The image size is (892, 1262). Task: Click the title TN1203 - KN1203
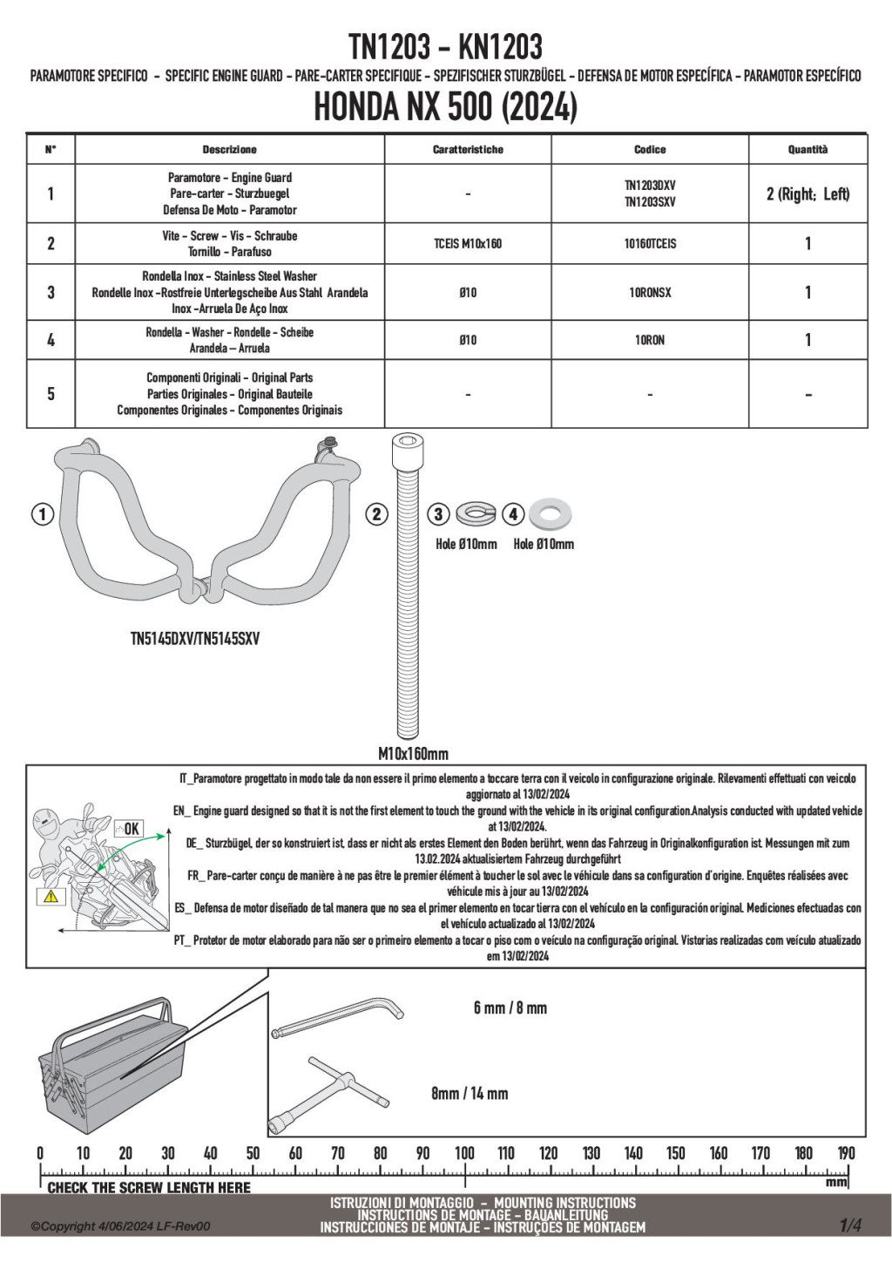click(445, 46)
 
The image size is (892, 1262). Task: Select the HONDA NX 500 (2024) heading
click(445, 108)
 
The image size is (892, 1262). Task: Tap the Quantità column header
click(808, 150)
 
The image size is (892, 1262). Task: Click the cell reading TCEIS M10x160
click(468, 244)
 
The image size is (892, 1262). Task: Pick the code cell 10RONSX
click(650, 293)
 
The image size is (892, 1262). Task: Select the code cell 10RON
click(650, 340)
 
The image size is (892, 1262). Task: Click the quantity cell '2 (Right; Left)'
click(808, 193)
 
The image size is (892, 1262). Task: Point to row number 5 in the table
click(51, 394)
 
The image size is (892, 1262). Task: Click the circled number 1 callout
click(42, 514)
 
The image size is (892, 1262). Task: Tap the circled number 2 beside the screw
click(376, 514)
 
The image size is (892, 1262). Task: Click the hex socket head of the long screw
click(409, 451)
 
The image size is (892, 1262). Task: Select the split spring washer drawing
click(476, 514)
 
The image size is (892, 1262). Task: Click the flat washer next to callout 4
click(551, 514)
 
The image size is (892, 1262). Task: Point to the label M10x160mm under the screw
click(413, 753)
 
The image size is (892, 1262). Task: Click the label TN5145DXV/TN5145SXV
click(195, 639)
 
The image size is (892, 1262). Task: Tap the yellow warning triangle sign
click(51, 895)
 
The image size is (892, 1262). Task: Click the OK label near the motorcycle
click(131, 829)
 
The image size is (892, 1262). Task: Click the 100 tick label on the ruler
click(464, 1153)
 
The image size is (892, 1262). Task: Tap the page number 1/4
click(850, 1225)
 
